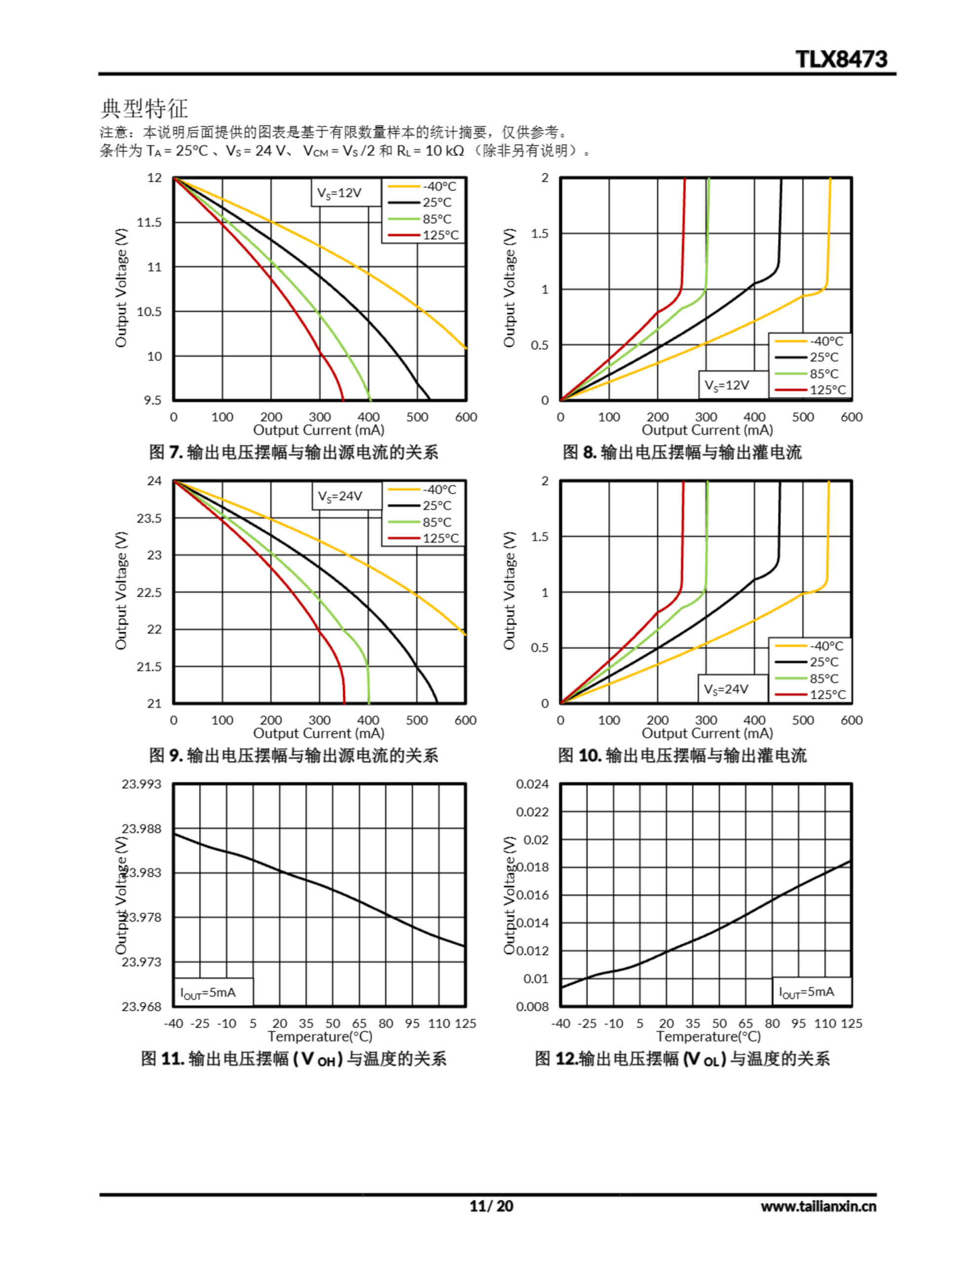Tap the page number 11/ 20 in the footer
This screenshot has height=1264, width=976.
pos(491,1206)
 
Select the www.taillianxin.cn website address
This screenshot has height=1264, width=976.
pos(818,1206)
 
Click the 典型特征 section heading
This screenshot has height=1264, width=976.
pos(144,108)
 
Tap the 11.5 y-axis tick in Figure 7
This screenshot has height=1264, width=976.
pos(150,222)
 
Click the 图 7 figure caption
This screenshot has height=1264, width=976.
pos(293,452)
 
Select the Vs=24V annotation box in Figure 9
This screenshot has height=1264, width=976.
pos(340,497)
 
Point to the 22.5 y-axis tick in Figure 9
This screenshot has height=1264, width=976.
pos(150,592)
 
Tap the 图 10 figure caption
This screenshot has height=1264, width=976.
pos(681,755)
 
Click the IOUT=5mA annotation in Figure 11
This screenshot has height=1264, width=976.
pos(208,993)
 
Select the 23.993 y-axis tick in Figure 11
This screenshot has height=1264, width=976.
pos(141,784)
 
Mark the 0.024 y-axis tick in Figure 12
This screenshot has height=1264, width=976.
pos(532,784)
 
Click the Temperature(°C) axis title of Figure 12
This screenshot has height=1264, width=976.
pos(708,1036)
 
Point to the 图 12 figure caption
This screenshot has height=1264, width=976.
pos(681,1059)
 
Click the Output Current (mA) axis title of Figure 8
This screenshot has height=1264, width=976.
pos(707,430)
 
